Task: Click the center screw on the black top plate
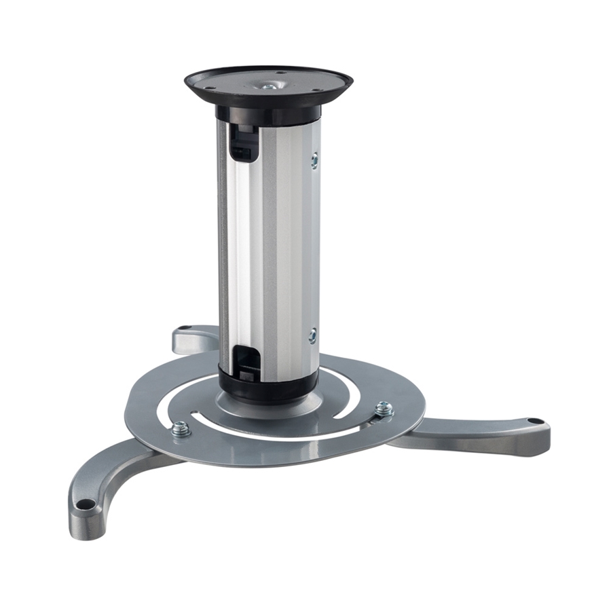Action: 270,86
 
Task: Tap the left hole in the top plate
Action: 209,88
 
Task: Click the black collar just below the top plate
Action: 268,113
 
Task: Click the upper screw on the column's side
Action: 314,160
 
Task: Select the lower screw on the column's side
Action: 312,335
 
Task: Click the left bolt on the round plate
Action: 181,428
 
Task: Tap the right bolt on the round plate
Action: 384,409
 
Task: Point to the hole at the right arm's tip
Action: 534,422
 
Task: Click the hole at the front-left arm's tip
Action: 86,504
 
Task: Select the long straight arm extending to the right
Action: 475,434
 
